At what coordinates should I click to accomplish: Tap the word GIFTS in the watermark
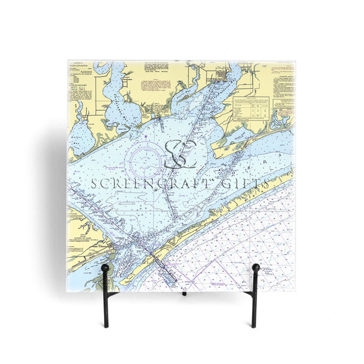pyautogui.click(x=241, y=183)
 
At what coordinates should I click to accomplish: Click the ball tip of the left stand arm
pyautogui.click(x=105, y=268)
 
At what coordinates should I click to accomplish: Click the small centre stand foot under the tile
pyautogui.click(x=183, y=293)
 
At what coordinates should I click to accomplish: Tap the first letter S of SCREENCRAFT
pyautogui.click(x=94, y=183)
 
